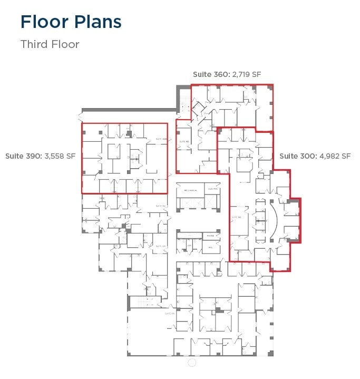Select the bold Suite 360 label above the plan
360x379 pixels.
pos(210,74)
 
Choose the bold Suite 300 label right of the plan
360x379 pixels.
pos(297,156)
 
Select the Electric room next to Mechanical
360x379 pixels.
pos(212,189)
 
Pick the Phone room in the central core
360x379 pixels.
pos(210,236)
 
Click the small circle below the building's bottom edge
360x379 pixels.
pos(192,363)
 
